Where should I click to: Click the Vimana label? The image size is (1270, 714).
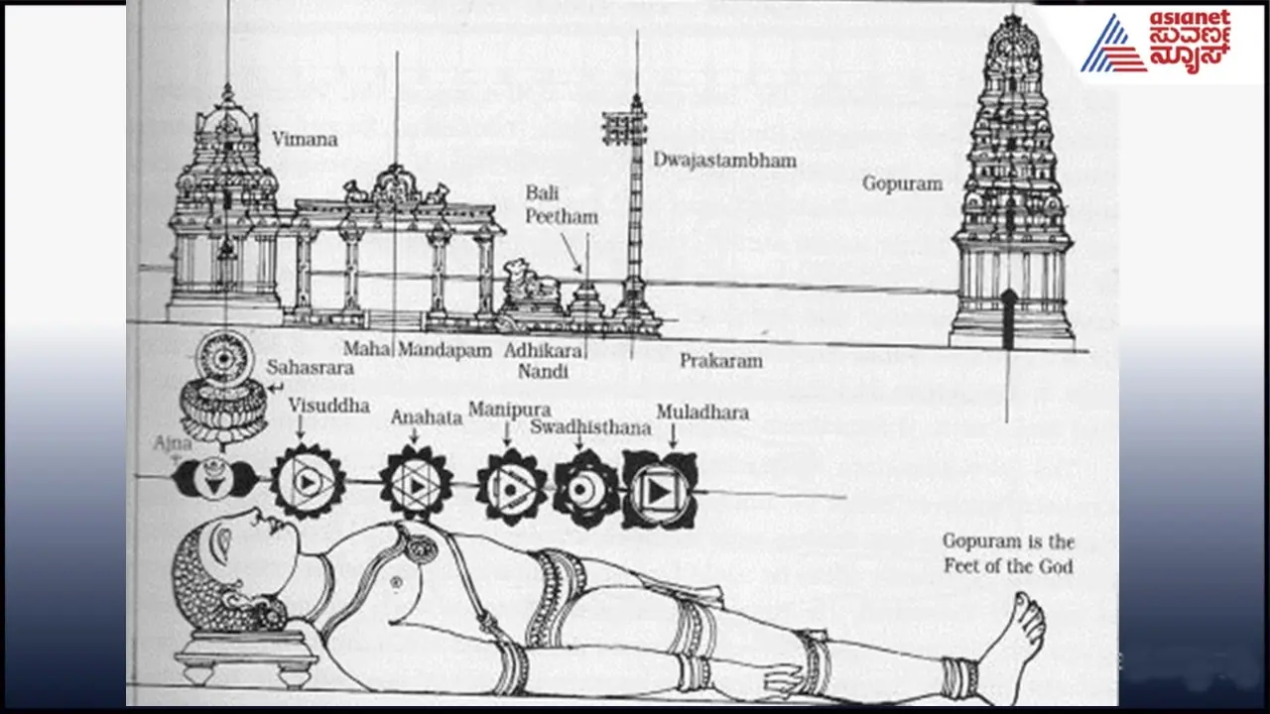tap(305, 140)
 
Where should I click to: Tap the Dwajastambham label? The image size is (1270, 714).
tap(724, 160)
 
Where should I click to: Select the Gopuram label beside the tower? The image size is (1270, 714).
tap(901, 183)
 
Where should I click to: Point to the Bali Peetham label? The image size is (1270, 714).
tap(562, 203)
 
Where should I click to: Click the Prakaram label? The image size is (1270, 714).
tap(720, 361)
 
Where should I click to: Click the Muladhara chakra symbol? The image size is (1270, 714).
tap(660, 489)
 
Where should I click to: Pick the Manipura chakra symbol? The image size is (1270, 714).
tap(511, 486)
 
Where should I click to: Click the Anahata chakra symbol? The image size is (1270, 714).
tap(417, 484)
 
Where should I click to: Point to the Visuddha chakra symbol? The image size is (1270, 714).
tap(308, 482)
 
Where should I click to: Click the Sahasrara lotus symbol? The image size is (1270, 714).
tap(224, 392)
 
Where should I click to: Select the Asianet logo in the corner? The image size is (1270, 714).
tap(1155, 42)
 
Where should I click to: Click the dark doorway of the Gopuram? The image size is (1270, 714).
tap(1008, 317)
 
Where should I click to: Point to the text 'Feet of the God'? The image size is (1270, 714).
tap(1007, 566)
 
